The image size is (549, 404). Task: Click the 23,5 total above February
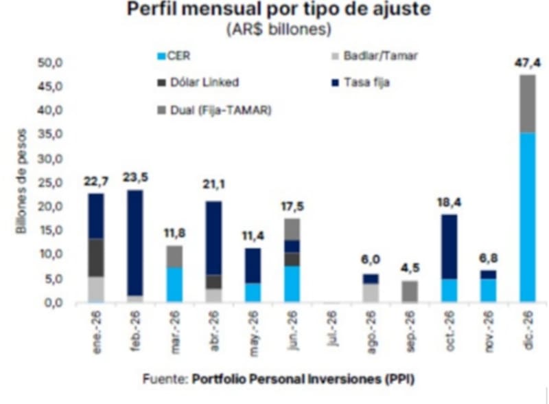coord(136,178)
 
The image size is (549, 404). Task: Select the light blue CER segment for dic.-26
coord(527,216)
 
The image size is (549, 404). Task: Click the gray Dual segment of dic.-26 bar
coord(527,103)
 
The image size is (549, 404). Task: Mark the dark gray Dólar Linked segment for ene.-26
coord(97,258)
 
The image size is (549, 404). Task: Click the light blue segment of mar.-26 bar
coord(175,284)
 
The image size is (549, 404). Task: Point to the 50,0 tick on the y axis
coord(50,63)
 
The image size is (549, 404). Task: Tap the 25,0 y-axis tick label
coord(50,183)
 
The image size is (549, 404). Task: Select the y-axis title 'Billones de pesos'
coord(23,181)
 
